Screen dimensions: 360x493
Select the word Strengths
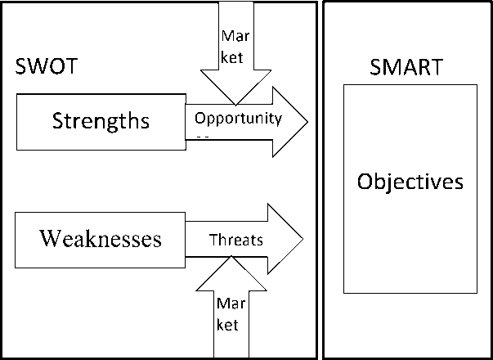click(x=101, y=122)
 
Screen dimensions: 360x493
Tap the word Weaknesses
click(x=101, y=240)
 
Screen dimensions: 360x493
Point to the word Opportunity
click(x=238, y=118)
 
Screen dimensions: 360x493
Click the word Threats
click(x=236, y=241)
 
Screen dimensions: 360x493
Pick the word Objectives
click(x=410, y=182)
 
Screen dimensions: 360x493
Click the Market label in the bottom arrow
click(x=228, y=314)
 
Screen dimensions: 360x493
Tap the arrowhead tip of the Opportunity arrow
click(x=307, y=123)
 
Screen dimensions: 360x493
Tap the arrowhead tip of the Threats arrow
click(x=303, y=240)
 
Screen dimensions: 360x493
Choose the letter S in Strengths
click(x=57, y=122)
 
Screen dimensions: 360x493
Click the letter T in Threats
click(x=213, y=241)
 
